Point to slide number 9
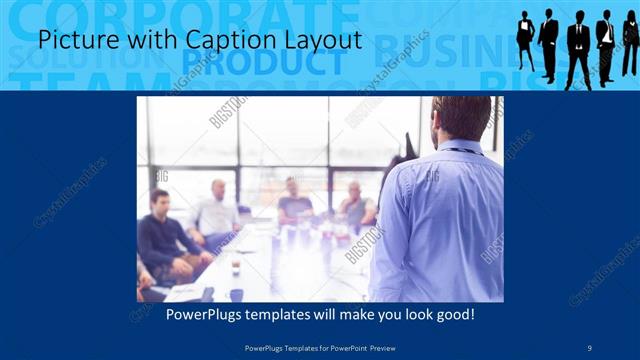590,347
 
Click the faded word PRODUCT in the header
265,63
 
